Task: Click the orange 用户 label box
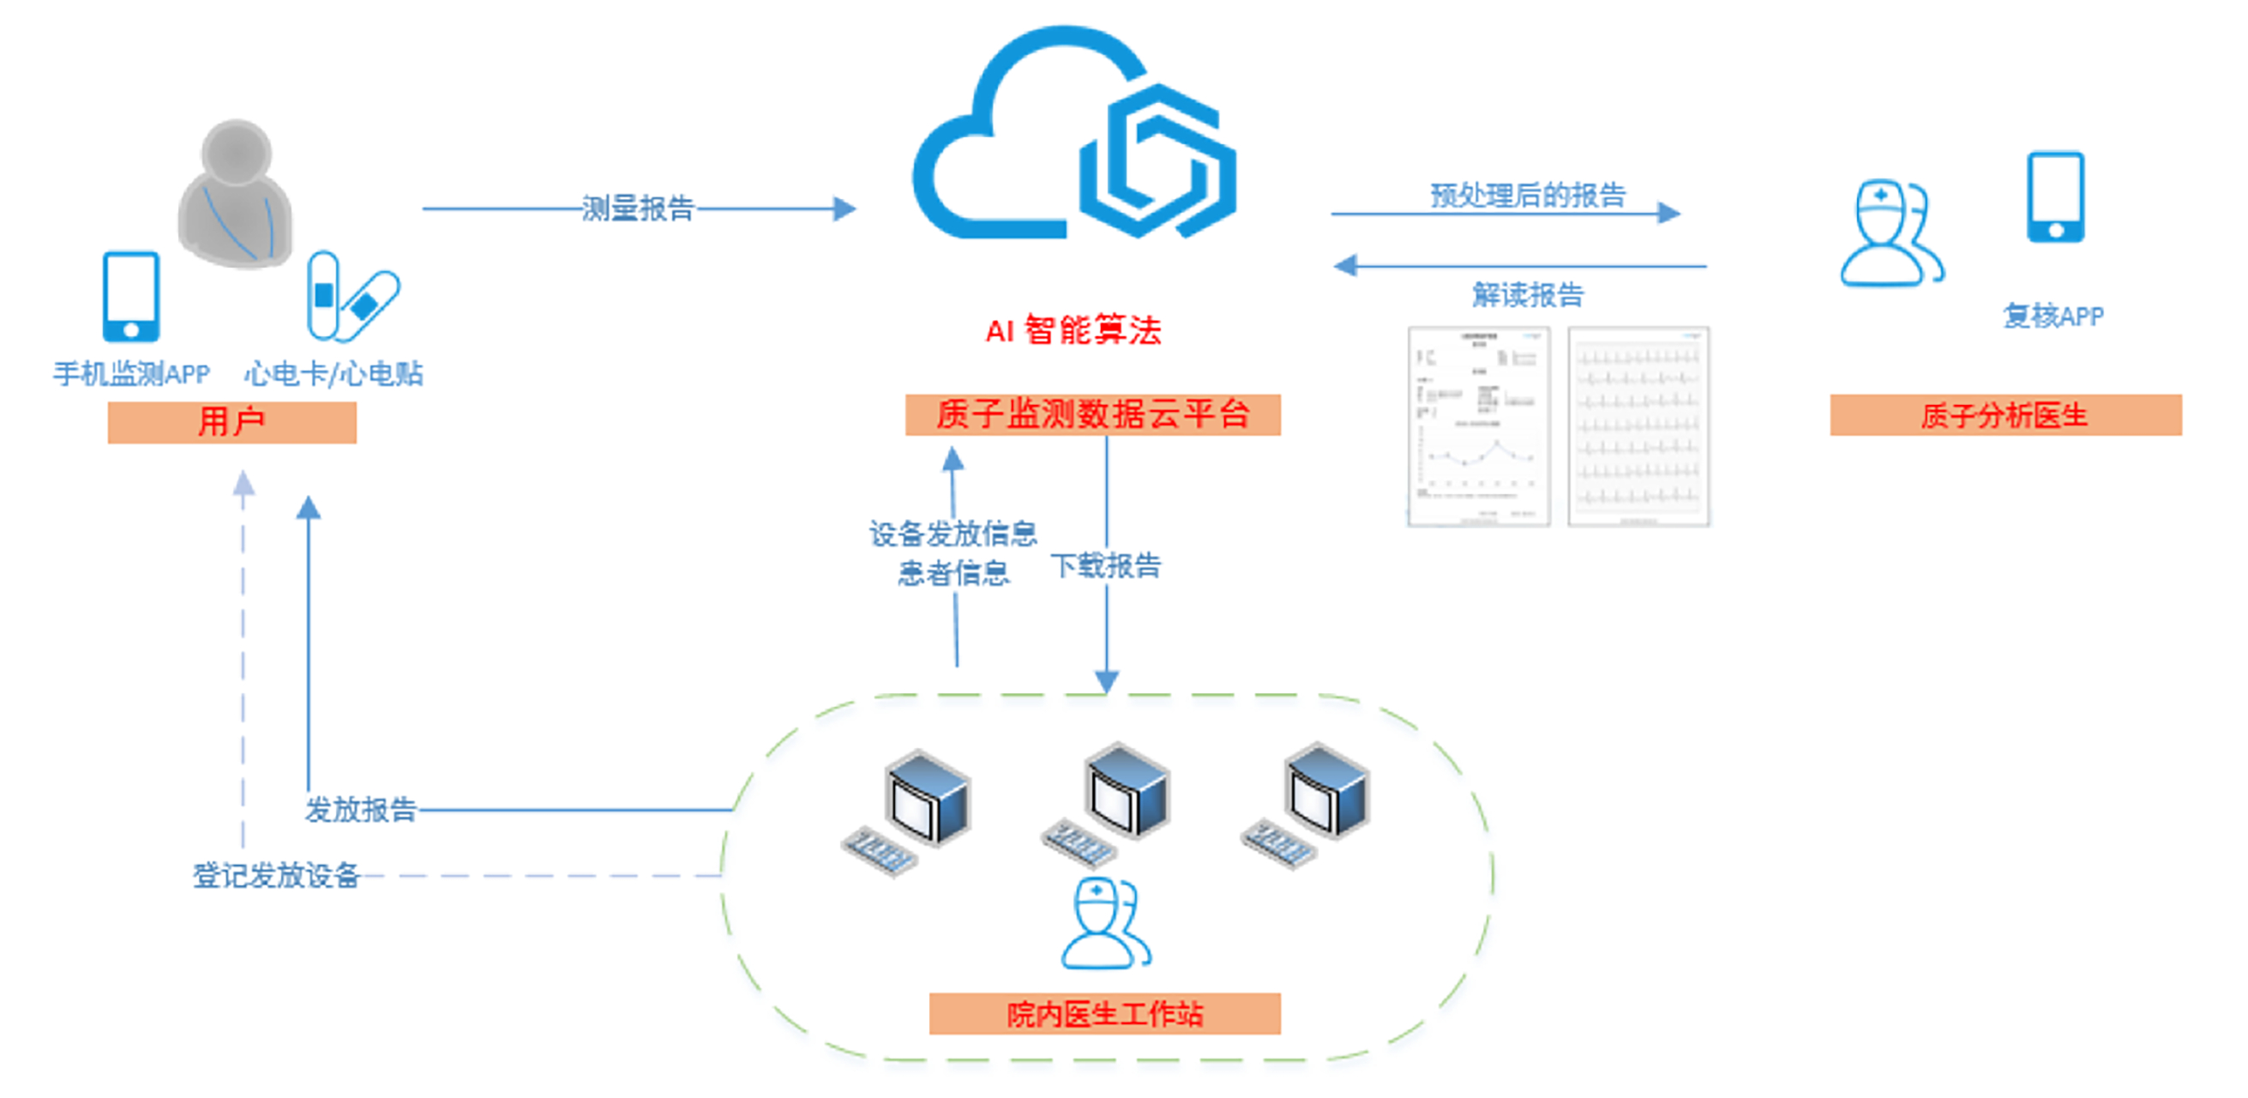click(231, 422)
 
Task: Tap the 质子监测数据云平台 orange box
click(1092, 414)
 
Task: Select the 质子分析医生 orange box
click(2005, 415)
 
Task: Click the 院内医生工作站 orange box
click(1105, 1014)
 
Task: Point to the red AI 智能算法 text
click(1073, 331)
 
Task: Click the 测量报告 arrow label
click(638, 208)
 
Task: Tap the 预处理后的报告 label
click(1527, 195)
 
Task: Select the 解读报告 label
click(1527, 295)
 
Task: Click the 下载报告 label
click(1106, 565)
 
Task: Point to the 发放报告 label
click(360, 810)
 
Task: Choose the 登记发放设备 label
click(276, 876)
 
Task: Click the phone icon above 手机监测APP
click(131, 297)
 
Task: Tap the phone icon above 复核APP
click(2055, 197)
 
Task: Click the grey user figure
click(235, 194)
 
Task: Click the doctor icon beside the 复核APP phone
click(1890, 234)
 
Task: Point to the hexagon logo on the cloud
click(1157, 161)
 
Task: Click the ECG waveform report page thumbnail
click(1638, 427)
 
